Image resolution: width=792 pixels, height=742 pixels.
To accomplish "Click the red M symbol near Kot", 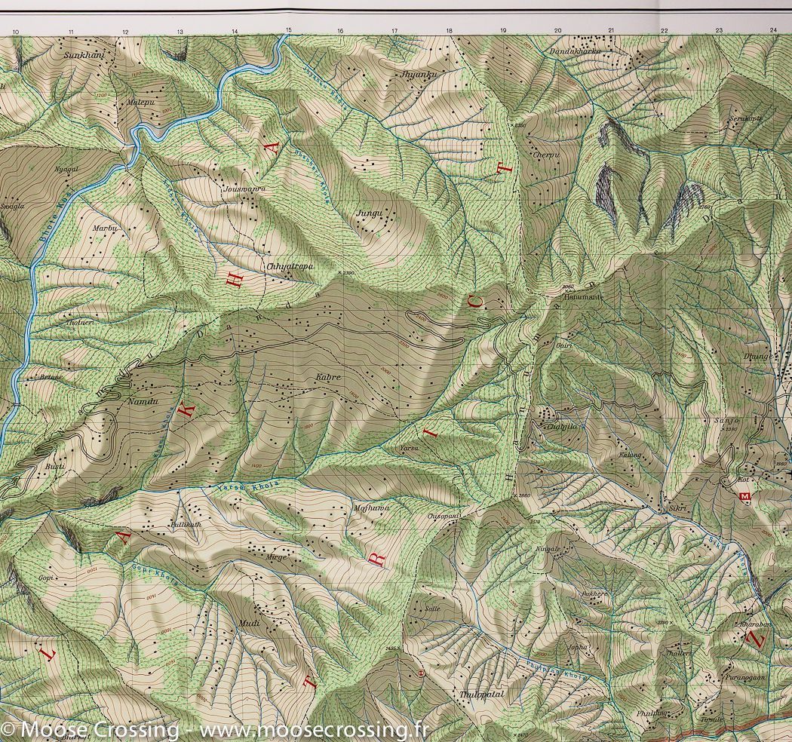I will coord(746,496).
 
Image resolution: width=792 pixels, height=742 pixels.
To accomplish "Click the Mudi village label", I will coord(249,622).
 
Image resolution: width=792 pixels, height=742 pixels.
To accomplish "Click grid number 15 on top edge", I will coord(288,30).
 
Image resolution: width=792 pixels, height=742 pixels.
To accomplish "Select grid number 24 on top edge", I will coord(773,30).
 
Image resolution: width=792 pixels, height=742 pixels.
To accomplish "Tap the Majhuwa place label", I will coord(371,509).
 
